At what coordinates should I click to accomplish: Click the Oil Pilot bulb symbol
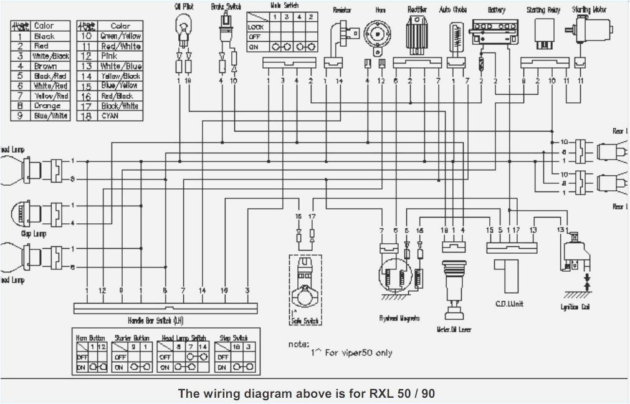(x=183, y=29)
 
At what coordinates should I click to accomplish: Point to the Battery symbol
(x=496, y=31)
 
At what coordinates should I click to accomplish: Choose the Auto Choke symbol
(x=457, y=36)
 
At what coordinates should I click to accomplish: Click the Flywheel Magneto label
(x=399, y=318)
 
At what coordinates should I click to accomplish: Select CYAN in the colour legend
(x=110, y=116)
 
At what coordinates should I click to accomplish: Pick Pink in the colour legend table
(x=109, y=56)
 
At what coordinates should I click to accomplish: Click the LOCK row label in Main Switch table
(x=256, y=27)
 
